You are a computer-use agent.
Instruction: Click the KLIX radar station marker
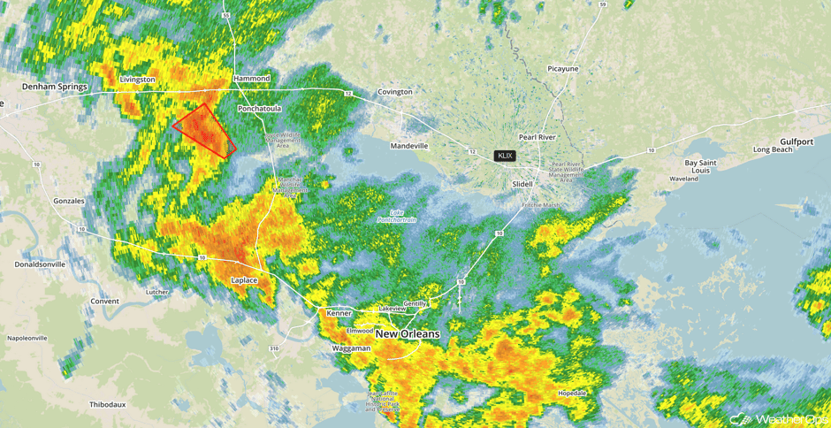(505, 156)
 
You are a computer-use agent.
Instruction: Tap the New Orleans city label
(408, 334)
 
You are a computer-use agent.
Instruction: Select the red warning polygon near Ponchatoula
(204, 131)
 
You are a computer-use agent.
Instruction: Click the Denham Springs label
(55, 87)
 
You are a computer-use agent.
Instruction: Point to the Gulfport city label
(797, 141)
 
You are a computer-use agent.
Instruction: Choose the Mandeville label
(408, 146)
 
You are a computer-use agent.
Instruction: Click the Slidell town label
(522, 184)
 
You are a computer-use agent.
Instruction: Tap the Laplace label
(244, 280)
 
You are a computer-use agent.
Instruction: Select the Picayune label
(562, 68)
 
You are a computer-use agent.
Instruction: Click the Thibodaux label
(107, 404)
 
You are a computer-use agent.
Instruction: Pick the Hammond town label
(252, 79)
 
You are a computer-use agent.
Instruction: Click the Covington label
(395, 92)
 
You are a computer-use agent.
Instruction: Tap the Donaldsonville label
(40, 264)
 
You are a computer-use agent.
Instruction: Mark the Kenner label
(339, 313)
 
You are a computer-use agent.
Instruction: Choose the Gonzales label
(68, 201)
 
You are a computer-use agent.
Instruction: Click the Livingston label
(137, 80)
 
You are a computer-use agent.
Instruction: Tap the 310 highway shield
(274, 348)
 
